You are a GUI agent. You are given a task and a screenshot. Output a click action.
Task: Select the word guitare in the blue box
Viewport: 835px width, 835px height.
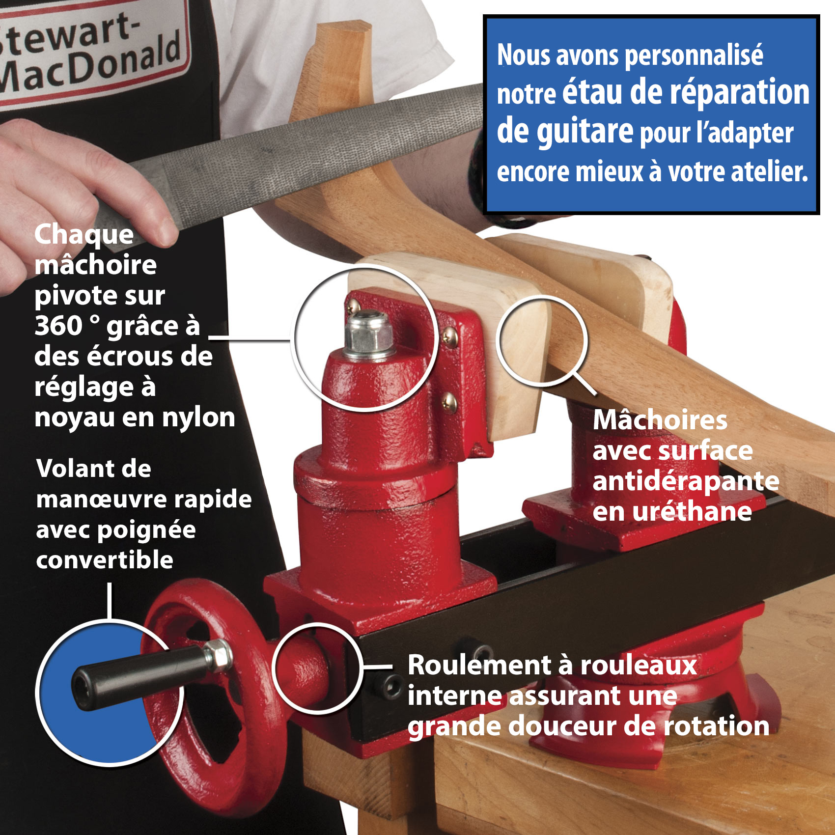(565, 132)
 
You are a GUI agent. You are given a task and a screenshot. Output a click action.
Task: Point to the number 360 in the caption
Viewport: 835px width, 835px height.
(58, 326)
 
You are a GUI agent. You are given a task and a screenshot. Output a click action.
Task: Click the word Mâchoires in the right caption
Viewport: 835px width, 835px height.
(660, 420)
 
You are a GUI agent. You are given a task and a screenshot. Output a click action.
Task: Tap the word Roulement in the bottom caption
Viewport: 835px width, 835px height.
(479, 666)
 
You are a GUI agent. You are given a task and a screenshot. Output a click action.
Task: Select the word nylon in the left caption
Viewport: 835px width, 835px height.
(198, 418)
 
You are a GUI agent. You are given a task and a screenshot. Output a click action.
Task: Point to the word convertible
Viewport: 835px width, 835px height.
(105, 560)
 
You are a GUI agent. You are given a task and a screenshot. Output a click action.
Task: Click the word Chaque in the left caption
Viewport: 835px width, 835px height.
(83, 234)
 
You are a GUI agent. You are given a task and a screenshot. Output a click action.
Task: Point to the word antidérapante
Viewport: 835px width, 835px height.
(686, 481)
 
